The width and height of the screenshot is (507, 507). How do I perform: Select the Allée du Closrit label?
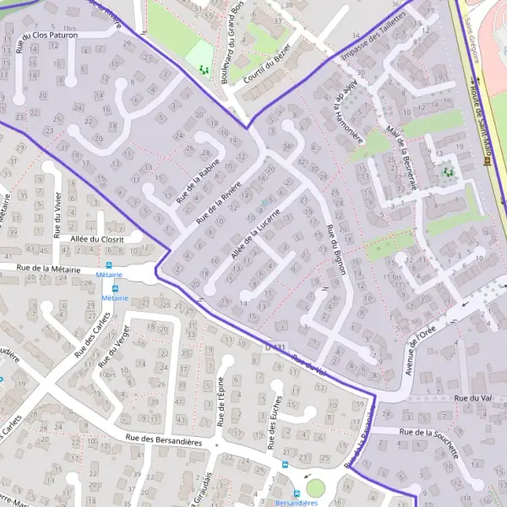click(97, 239)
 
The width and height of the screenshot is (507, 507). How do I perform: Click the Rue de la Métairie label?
click(41, 269)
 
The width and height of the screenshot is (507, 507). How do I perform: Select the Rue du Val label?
click(472, 397)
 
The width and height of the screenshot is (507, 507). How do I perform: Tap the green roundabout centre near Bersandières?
click(315, 488)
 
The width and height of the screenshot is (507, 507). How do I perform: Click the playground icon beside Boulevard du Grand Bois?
click(203, 71)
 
